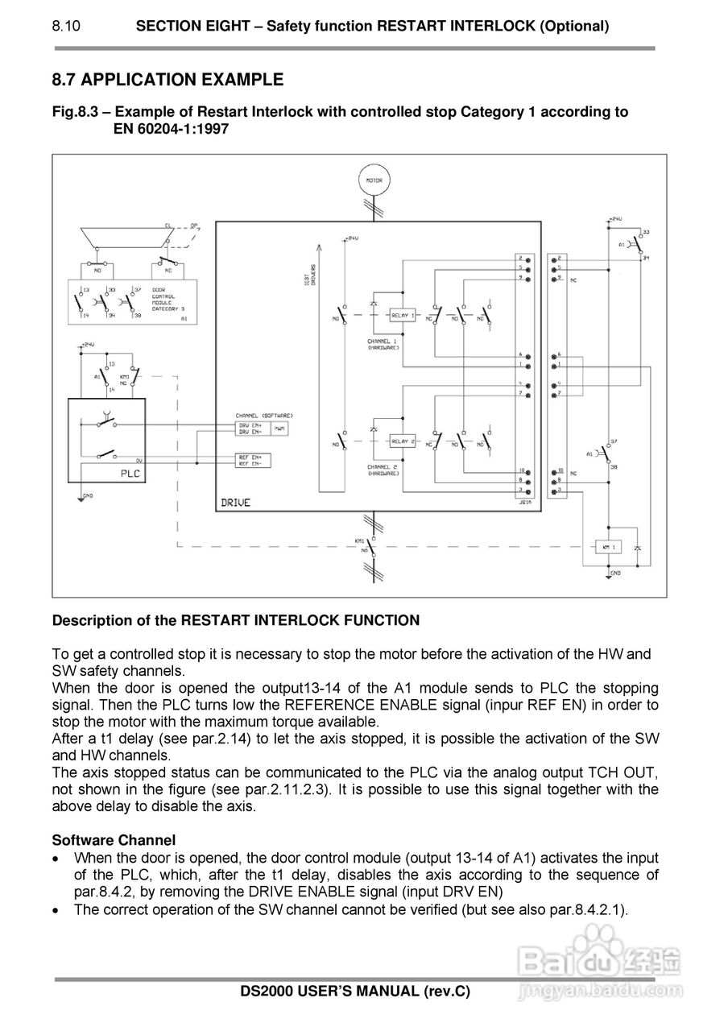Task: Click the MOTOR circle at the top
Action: click(374, 181)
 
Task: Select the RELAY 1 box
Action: click(402, 315)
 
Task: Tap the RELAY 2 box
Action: click(402, 441)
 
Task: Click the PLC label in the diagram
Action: click(130, 474)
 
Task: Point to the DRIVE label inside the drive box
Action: click(235, 503)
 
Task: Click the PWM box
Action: click(279, 429)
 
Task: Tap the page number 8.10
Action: click(66, 26)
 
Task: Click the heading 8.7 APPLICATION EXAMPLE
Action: click(168, 80)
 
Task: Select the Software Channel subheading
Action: click(114, 840)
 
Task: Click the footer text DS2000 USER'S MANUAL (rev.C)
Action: click(355, 992)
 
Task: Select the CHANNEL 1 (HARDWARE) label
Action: click(383, 344)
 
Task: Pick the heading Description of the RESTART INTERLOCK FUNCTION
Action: click(236, 621)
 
